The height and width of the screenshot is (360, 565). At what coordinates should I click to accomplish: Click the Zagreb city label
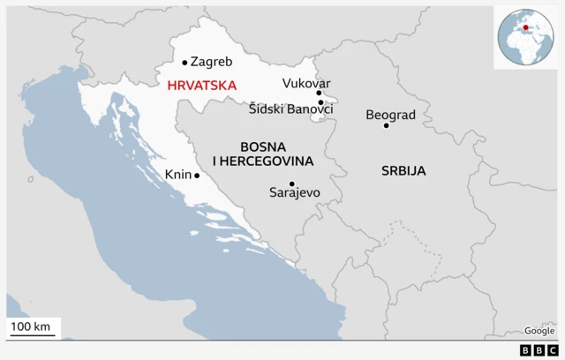tap(211, 63)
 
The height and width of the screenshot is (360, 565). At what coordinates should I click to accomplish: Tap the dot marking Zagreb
tap(185, 63)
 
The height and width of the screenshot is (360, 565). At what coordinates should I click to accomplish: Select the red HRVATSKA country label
tap(201, 86)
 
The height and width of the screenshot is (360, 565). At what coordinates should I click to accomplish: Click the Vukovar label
tap(306, 83)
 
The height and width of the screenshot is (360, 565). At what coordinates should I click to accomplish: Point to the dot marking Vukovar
tap(319, 93)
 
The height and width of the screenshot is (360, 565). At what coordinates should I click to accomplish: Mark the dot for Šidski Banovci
tap(320, 102)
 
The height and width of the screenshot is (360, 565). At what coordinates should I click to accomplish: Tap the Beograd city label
tap(390, 115)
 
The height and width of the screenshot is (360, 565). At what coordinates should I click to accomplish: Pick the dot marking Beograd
tap(386, 125)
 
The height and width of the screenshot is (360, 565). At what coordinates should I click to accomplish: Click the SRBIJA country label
tap(403, 170)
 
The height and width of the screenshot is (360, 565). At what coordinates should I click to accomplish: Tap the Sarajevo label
tap(295, 192)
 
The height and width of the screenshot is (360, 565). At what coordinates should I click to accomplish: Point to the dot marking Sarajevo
tap(291, 184)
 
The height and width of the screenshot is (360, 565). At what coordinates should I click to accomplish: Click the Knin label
tap(178, 175)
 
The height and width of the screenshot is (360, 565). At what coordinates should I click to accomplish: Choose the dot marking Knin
tap(197, 175)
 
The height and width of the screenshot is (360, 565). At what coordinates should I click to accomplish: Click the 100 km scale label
tap(32, 327)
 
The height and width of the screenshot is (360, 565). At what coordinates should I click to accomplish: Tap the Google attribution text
tap(539, 331)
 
